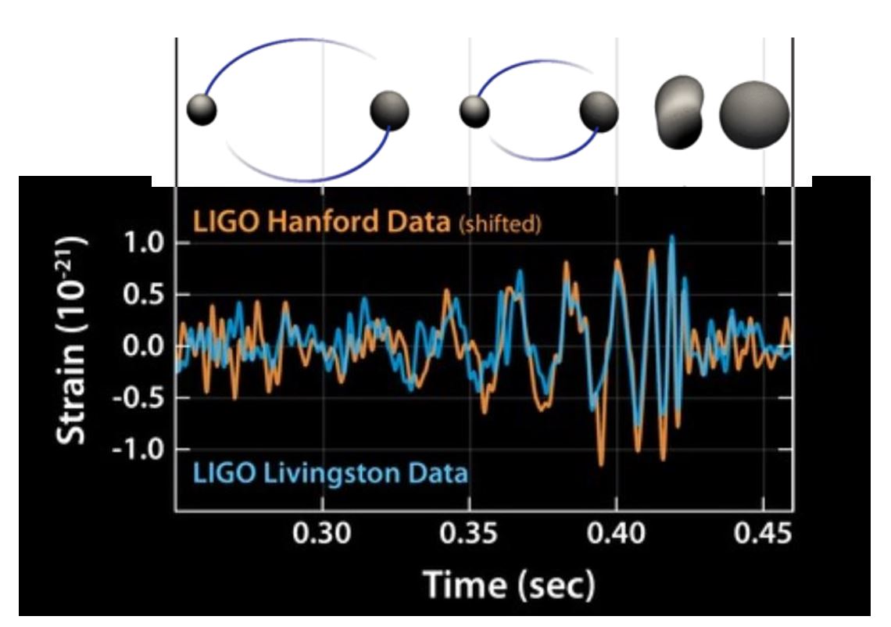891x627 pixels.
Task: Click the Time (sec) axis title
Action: [509, 584]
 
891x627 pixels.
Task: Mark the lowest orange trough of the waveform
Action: [600, 465]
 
